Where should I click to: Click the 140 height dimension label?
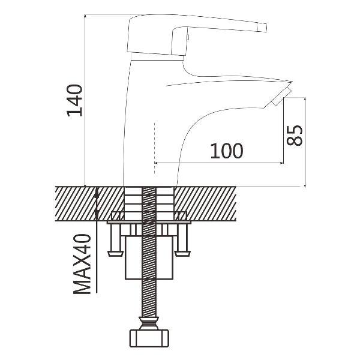pos(74,100)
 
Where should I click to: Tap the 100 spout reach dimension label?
pos(226,151)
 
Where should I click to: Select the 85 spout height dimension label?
pos(295,136)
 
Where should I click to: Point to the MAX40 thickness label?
pos(82,264)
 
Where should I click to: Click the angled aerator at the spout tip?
pos(281,97)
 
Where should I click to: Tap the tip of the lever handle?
pos(262,28)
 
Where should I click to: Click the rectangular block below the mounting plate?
pos(149,257)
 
